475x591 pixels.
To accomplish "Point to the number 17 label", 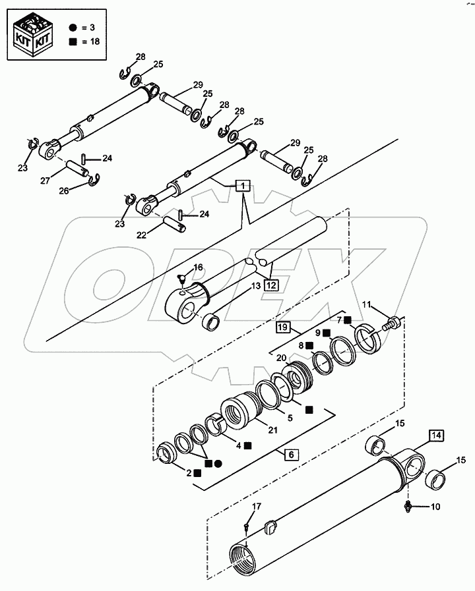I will pos(256,505).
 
